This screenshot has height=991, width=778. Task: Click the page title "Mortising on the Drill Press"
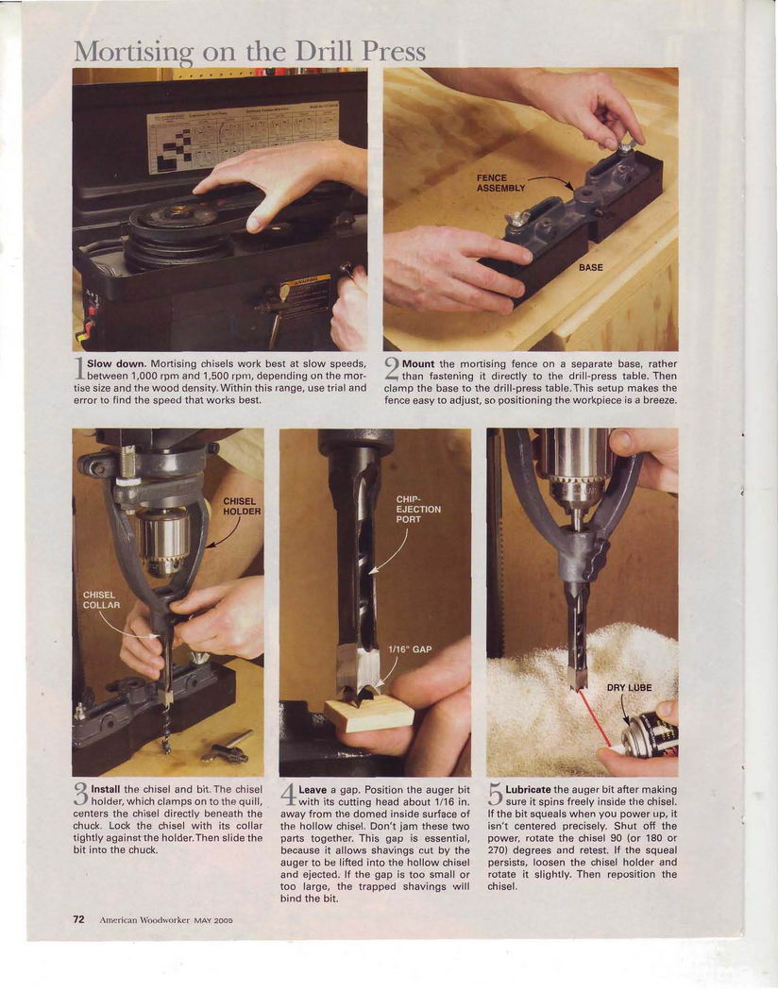click(x=249, y=52)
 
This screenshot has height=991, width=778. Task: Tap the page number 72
click(x=79, y=919)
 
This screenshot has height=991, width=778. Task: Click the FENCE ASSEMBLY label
click(x=500, y=183)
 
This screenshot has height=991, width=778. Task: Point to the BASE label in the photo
click(x=590, y=267)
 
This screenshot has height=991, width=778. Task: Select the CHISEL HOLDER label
click(x=242, y=506)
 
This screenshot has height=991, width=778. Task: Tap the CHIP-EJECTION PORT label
click(x=418, y=509)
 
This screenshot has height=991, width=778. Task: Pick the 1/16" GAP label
click(x=410, y=649)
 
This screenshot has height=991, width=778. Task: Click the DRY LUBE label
click(x=629, y=688)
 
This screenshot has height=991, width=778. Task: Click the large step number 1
click(x=79, y=368)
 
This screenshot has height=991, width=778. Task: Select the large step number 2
click(x=392, y=368)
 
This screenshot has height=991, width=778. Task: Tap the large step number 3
click(x=81, y=794)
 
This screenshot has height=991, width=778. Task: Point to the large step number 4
click(x=288, y=794)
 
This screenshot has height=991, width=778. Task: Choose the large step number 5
click(x=496, y=794)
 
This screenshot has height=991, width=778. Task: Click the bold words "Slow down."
click(x=116, y=363)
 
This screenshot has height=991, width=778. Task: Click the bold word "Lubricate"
click(x=529, y=789)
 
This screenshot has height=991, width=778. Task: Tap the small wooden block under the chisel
click(x=369, y=714)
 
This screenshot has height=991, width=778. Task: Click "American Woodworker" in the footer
click(x=144, y=920)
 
